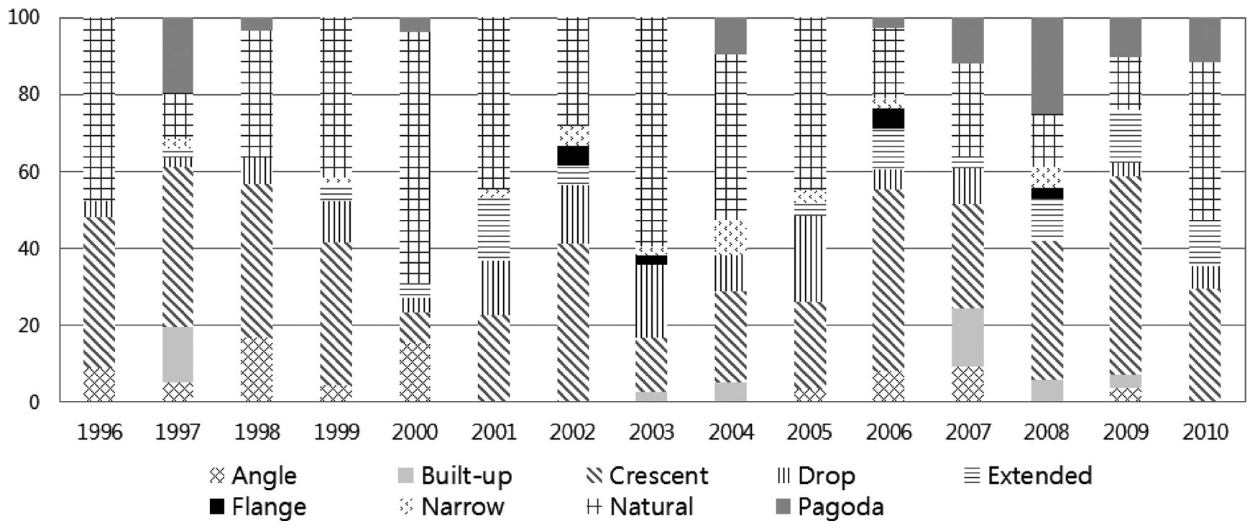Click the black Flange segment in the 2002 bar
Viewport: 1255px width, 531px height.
(x=573, y=155)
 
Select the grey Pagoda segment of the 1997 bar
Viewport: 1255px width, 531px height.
(x=178, y=55)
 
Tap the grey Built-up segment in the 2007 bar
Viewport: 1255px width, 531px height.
(x=967, y=337)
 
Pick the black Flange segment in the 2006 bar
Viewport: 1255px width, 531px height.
(x=889, y=119)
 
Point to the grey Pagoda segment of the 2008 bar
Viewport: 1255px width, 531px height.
(x=1047, y=66)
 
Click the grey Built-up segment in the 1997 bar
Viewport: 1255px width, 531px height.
(x=178, y=355)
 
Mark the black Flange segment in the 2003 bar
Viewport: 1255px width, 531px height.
(x=652, y=259)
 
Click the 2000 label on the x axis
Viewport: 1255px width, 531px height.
(x=415, y=432)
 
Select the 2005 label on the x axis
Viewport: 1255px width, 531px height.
(x=810, y=432)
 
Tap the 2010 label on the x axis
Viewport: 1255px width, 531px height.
(x=1205, y=432)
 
